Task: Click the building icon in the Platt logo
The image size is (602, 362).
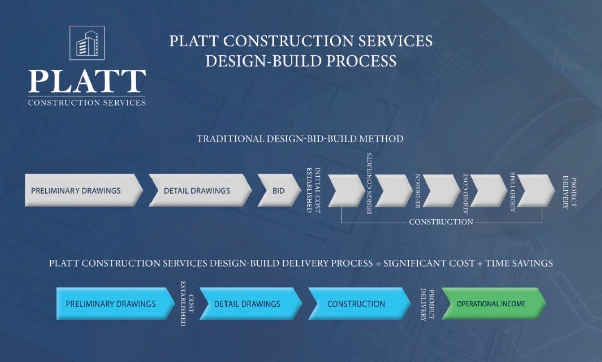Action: (x=87, y=43)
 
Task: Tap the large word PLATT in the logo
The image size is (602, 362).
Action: (x=87, y=81)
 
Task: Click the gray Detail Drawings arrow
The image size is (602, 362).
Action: (x=199, y=191)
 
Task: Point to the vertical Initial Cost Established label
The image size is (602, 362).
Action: (x=314, y=190)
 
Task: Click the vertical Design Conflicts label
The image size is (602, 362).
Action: (x=370, y=184)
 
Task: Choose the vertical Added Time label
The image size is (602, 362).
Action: (x=513, y=192)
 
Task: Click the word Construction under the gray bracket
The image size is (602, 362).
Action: (x=441, y=222)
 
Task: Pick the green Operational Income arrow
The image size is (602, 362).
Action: (x=492, y=304)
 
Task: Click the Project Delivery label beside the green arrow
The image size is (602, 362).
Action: (x=427, y=305)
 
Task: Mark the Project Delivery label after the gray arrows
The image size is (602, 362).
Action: (x=569, y=192)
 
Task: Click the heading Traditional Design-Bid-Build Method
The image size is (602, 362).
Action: (x=300, y=139)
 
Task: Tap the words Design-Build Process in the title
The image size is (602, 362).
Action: (x=300, y=61)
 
